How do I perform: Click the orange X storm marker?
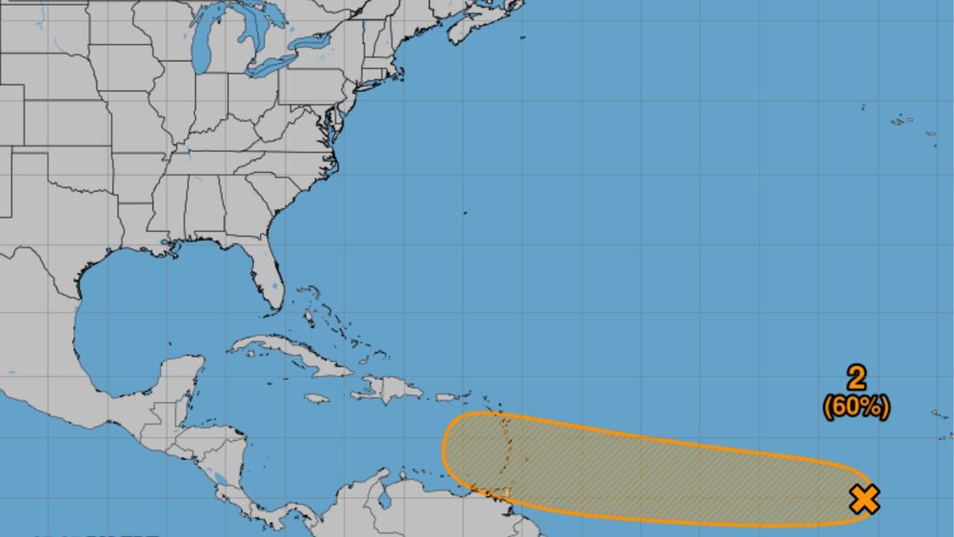pos(865,499)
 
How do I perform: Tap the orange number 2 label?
pos(856,378)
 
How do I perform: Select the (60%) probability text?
pos(856,407)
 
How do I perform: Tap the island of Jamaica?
pos(317,399)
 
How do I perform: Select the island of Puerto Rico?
pos(446,398)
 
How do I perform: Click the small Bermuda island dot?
pos(466,213)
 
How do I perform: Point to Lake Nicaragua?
pos(220,477)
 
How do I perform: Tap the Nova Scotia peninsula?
pos(477,22)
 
